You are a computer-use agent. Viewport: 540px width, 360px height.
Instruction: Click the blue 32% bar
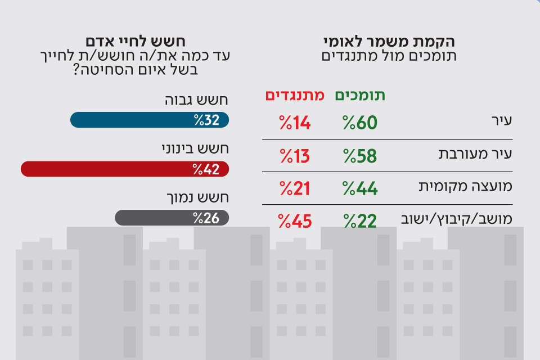click(x=150, y=120)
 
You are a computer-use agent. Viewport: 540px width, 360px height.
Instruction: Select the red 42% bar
click(x=125, y=169)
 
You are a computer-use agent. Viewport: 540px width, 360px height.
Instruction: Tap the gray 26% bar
click(x=172, y=218)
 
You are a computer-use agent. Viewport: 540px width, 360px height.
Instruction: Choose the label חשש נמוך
click(x=199, y=198)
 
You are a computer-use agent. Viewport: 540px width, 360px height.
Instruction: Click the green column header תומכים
click(x=360, y=96)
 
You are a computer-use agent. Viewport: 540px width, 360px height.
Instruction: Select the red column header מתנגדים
click(x=294, y=96)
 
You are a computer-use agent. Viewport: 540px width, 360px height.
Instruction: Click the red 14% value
click(x=295, y=123)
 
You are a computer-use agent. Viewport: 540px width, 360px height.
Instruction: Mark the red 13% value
click(x=295, y=156)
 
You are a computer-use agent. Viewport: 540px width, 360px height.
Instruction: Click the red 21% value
click(x=295, y=188)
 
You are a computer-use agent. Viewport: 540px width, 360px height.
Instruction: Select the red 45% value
click(x=295, y=221)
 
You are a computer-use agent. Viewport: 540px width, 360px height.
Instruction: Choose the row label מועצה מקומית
click(x=464, y=188)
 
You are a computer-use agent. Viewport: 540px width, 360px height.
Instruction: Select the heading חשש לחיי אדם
click(x=136, y=42)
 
